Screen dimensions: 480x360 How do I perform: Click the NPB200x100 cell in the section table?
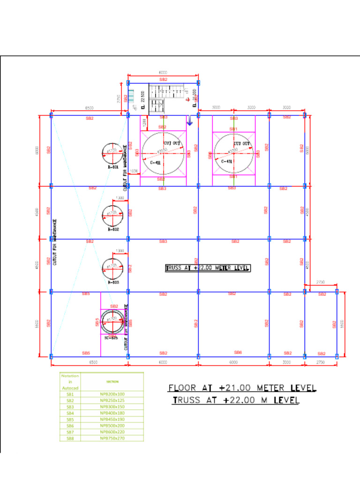[112, 394]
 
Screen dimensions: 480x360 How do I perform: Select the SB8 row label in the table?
[70, 438]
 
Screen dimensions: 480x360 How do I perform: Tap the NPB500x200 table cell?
[112, 426]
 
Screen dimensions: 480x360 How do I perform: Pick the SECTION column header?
[112, 382]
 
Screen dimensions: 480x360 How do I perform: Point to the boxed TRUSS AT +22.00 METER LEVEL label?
[208, 268]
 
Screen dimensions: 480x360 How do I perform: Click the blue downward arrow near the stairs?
[189, 120]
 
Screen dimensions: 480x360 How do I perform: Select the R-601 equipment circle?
[112, 152]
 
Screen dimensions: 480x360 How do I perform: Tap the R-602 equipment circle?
[112, 215]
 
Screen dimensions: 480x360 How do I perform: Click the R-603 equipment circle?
[112, 268]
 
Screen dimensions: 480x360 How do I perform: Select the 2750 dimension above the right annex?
[321, 283]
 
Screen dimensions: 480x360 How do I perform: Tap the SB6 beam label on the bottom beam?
[238, 352]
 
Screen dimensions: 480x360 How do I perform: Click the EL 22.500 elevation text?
[142, 100]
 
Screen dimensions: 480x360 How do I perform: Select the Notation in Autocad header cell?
[70, 382]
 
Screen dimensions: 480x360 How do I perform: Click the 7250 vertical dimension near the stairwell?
[119, 99]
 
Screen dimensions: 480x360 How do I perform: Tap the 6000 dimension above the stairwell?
[163, 73]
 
